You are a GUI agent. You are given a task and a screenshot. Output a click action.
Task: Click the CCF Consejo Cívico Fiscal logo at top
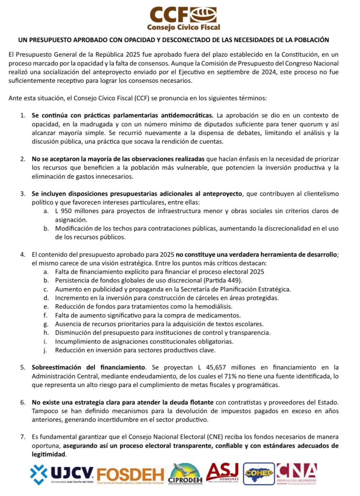pos(179,18)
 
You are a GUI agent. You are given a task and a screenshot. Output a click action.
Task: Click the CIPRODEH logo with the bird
pos(185,474)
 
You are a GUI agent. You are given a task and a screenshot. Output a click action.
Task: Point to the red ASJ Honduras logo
pos(222,473)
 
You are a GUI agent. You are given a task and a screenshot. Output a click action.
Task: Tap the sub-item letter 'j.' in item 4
pos(46,350)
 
